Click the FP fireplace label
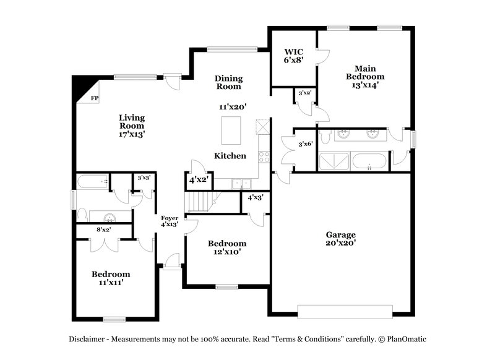[95, 98]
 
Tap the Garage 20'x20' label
[341, 239]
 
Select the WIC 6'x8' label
[293, 56]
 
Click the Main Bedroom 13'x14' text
[365, 77]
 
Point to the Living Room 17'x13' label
[132, 125]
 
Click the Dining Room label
[228, 83]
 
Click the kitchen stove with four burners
[264, 156]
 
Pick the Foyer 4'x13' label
[170, 221]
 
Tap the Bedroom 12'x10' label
[226, 247]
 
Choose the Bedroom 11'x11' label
[111, 278]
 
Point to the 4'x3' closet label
[255, 198]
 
